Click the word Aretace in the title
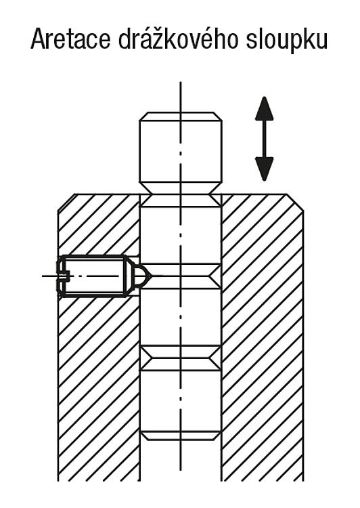(71, 39)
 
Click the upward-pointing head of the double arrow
(265, 108)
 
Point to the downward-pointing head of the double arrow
(265, 169)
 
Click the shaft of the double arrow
(265, 139)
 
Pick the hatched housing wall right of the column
(263, 337)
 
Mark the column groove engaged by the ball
(181, 276)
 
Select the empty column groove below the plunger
(181, 358)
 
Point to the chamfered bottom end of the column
(181, 436)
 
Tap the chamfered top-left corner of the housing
(66, 203)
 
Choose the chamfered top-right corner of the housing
(295, 203)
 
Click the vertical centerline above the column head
(181, 97)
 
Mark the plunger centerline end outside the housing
(43, 276)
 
